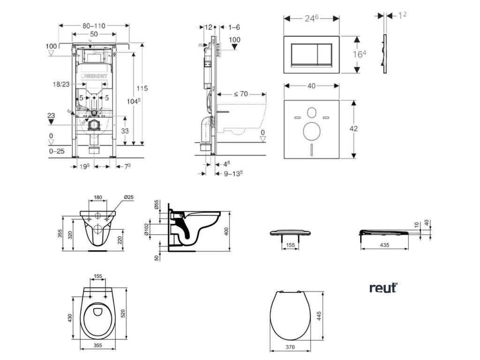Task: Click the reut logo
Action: pyautogui.click(x=383, y=287)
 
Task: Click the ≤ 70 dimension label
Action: pyautogui.click(x=240, y=94)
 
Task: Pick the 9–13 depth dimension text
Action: pyautogui.click(x=231, y=173)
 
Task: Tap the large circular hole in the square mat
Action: pyautogui.click(x=311, y=131)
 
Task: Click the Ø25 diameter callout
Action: pyautogui.click(x=128, y=197)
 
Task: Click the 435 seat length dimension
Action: pyautogui.click(x=384, y=245)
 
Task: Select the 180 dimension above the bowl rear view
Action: pyautogui.click(x=97, y=197)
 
